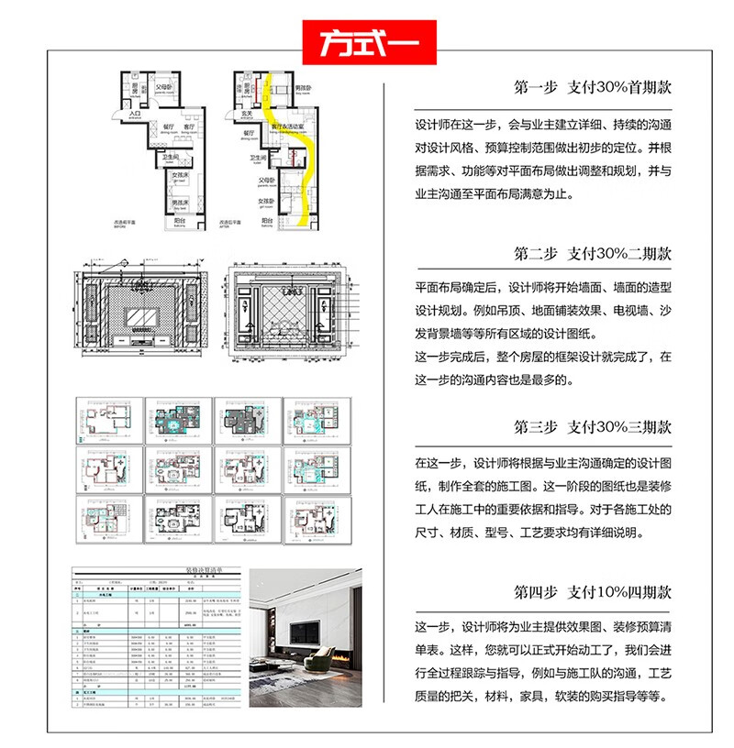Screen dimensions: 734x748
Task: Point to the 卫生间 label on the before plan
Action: pyautogui.click(x=170, y=157)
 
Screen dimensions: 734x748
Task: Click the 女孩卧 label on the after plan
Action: pyautogui.click(x=266, y=201)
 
